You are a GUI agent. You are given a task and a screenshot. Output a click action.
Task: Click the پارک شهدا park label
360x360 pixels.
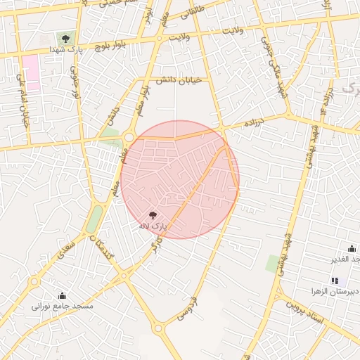(x=66, y=51)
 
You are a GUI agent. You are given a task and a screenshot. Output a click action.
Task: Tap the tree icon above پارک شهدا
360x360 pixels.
(x=65, y=39)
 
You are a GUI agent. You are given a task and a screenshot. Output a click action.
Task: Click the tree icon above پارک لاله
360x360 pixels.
(x=154, y=215)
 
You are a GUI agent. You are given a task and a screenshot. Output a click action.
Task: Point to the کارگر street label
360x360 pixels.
(x=159, y=243)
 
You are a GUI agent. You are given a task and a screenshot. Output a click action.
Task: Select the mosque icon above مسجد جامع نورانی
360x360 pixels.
(x=62, y=295)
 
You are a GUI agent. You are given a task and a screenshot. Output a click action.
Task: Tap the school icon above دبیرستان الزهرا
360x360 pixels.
(x=334, y=281)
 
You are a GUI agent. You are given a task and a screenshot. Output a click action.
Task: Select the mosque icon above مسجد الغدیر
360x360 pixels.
(x=352, y=248)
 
